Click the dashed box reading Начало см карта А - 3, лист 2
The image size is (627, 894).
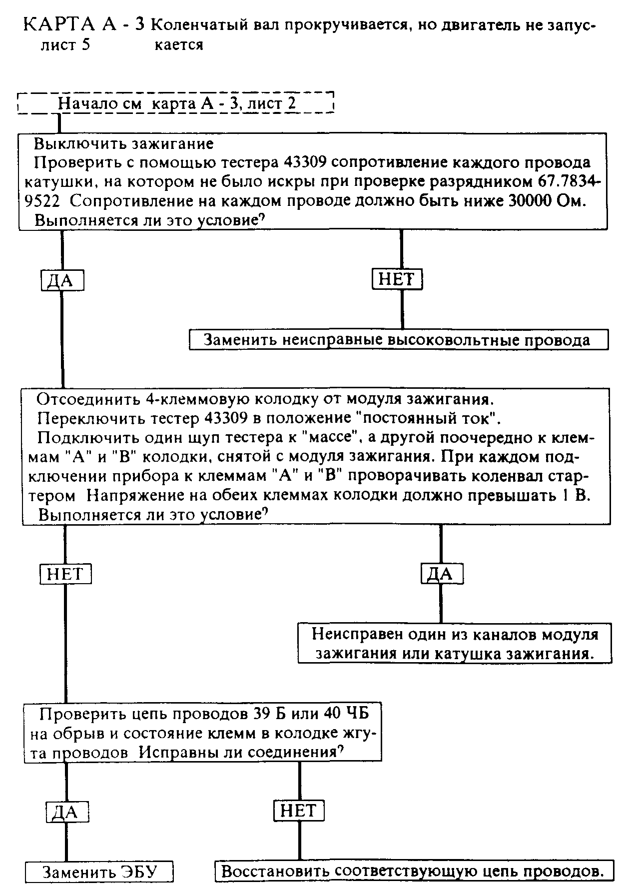[176, 103]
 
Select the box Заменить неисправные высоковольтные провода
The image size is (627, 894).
[398, 340]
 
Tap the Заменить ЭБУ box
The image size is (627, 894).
[99, 872]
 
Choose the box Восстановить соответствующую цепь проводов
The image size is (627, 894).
[413, 872]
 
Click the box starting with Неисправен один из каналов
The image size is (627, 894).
[454, 644]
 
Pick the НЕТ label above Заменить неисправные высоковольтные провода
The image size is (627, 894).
[397, 279]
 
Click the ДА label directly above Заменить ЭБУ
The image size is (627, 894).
[67, 812]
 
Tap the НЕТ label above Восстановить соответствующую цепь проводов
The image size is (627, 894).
[299, 810]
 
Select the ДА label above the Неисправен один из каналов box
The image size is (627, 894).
[442, 573]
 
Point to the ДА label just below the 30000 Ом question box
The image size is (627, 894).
[62, 280]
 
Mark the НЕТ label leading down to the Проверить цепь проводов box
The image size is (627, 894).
[65, 573]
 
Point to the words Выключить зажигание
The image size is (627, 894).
[123, 144]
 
